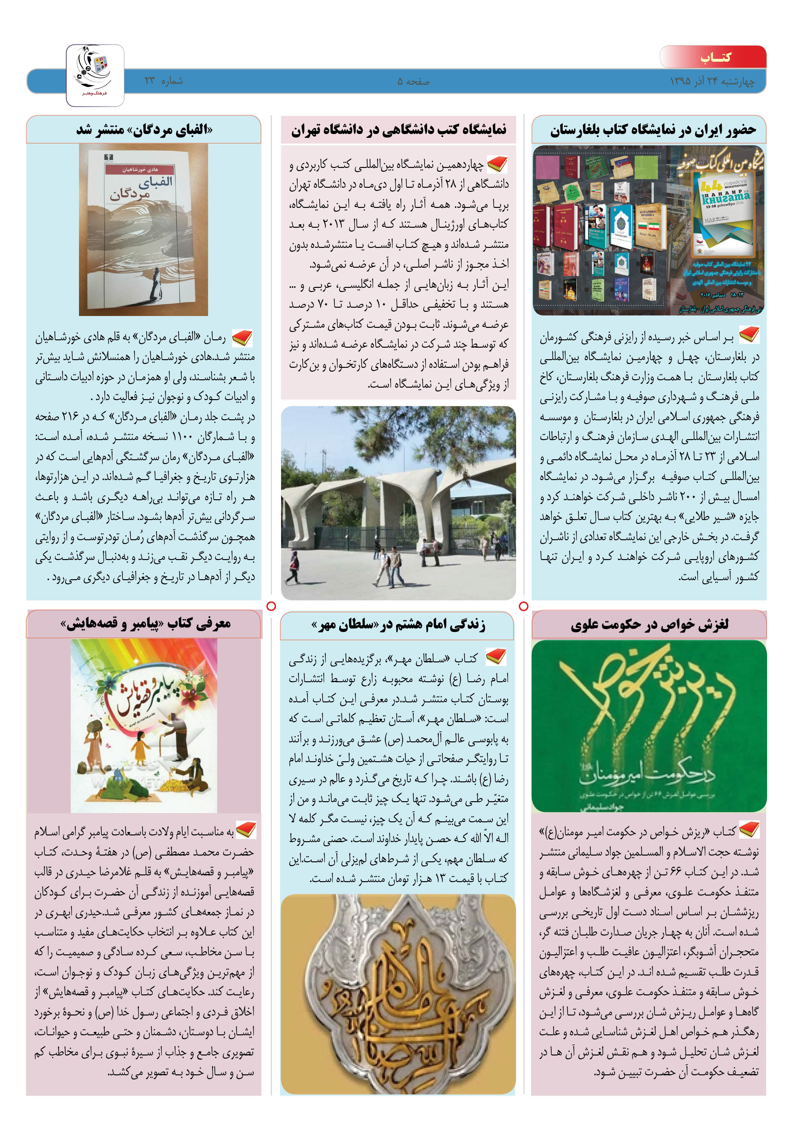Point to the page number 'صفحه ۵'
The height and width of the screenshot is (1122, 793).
click(413, 82)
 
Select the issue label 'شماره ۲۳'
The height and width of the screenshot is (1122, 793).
click(164, 81)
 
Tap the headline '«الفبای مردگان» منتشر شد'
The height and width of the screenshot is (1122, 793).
click(144, 130)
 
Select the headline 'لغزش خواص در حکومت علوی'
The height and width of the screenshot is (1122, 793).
click(649, 625)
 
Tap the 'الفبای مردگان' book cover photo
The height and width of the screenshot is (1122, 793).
click(144, 230)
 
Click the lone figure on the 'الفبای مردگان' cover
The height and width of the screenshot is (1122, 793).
click(155, 286)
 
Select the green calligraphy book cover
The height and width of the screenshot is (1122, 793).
click(649, 726)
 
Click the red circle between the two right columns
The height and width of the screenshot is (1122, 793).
click(523, 606)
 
